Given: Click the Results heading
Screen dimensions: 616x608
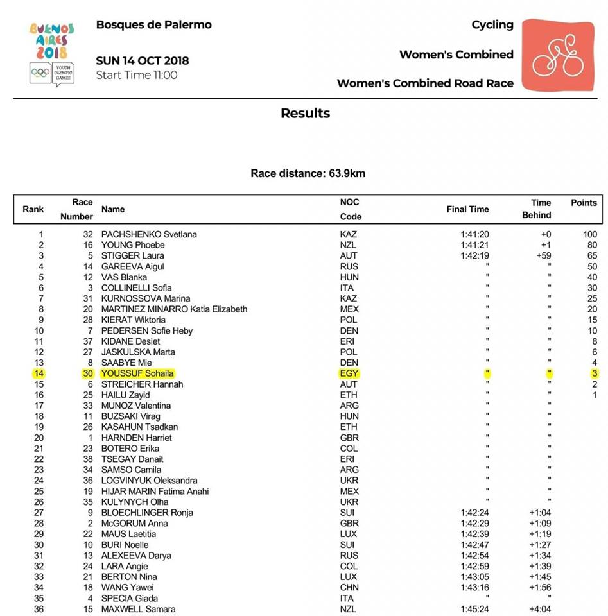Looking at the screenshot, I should (x=305, y=114).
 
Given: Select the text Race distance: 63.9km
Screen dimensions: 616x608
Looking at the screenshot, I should (x=308, y=173).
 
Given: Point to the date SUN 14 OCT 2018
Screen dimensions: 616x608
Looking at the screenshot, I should (x=143, y=61).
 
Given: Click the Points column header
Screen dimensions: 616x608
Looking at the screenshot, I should (x=584, y=203).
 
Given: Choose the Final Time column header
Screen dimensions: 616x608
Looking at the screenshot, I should (x=467, y=209).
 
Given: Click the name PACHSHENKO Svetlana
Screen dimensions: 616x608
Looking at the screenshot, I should (x=149, y=234).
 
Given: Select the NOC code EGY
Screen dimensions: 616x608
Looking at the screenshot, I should (x=349, y=373).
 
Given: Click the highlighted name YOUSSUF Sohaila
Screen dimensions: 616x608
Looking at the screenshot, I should (x=137, y=373).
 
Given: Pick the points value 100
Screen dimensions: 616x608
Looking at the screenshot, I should (x=590, y=234).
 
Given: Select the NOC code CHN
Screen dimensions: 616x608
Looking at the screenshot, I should (x=349, y=587).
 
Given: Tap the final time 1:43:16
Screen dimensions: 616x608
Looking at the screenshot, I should (x=474, y=587).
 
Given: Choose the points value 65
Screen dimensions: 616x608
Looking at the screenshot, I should (x=592, y=255).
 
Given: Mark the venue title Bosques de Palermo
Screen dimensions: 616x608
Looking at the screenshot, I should (x=153, y=25).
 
